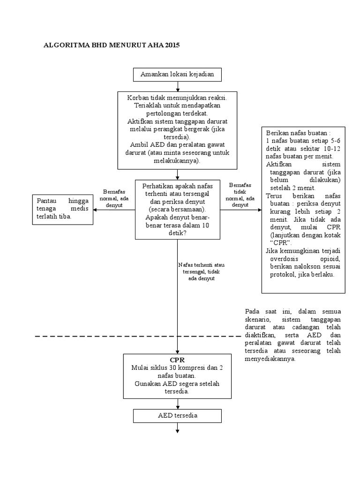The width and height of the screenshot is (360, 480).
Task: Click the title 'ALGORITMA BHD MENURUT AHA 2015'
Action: (x=111, y=45)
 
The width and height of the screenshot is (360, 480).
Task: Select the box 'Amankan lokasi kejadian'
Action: (x=177, y=75)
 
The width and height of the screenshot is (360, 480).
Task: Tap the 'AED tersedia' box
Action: (x=177, y=416)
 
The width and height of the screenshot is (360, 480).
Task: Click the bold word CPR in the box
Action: (x=178, y=360)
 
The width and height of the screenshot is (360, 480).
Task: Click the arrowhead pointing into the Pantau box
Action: (x=95, y=210)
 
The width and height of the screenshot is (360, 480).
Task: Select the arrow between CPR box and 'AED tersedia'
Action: (x=178, y=404)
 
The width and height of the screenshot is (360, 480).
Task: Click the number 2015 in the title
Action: (x=171, y=45)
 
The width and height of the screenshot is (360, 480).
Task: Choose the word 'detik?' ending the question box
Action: (x=177, y=232)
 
